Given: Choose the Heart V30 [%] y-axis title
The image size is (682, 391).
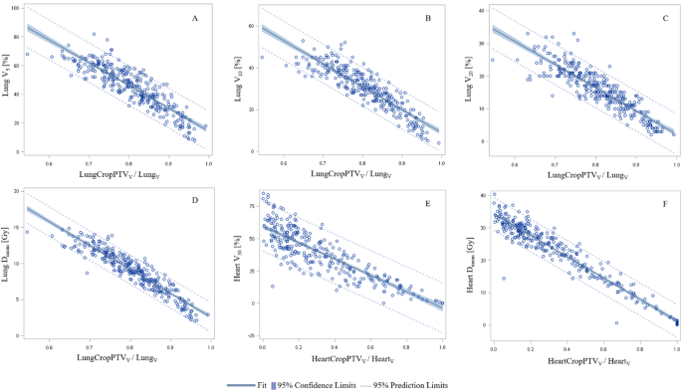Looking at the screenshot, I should [239, 265].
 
